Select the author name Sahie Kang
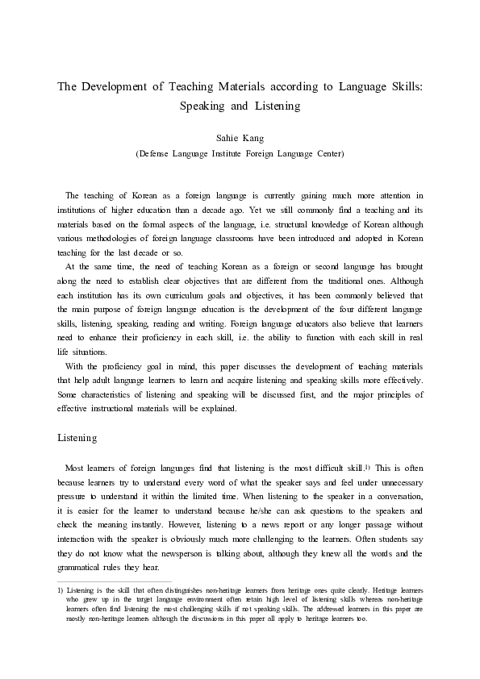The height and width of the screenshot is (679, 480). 240,139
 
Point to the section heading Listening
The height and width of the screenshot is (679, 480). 77,438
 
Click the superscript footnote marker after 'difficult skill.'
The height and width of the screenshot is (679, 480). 366,466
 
